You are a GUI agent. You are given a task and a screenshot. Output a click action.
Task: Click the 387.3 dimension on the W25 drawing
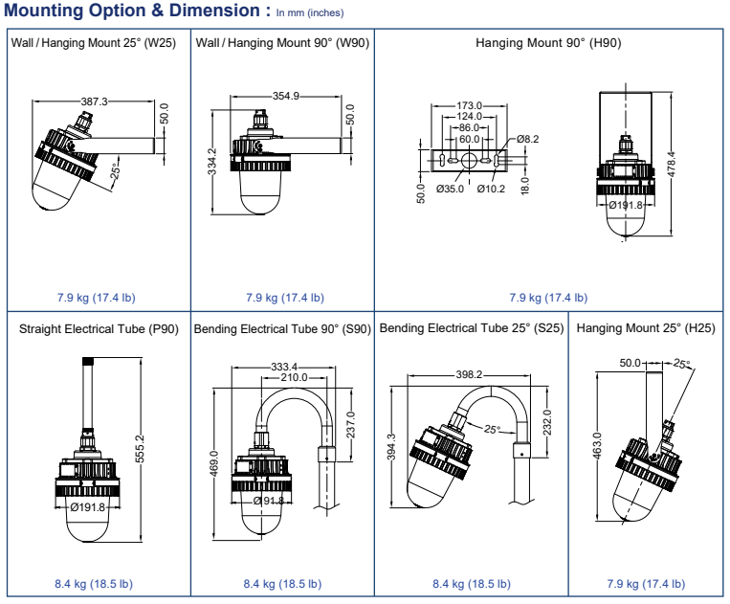coord(94,101)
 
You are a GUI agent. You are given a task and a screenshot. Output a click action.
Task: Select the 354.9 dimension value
coord(286,96)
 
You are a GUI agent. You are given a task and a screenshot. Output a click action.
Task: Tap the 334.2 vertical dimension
coord(211,162)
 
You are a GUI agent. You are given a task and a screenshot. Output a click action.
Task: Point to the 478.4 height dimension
coord(672,165)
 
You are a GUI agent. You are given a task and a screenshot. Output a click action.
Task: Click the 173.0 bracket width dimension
coord(469,105)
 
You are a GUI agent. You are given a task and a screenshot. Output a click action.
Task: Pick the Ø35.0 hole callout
coord(450,189)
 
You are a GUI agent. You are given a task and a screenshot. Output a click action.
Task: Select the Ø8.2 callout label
coord(527,139)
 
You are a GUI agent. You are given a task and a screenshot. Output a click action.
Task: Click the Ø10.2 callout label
coord(491,189)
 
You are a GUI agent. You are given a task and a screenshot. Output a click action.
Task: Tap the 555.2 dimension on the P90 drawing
coord(140,449)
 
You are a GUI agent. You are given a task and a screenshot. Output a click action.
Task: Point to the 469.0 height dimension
coord(213,463)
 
